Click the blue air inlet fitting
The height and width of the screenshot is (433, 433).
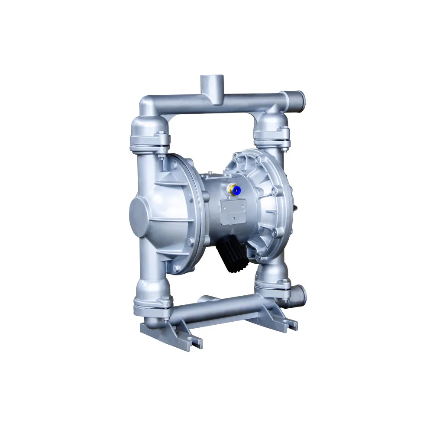236,189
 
